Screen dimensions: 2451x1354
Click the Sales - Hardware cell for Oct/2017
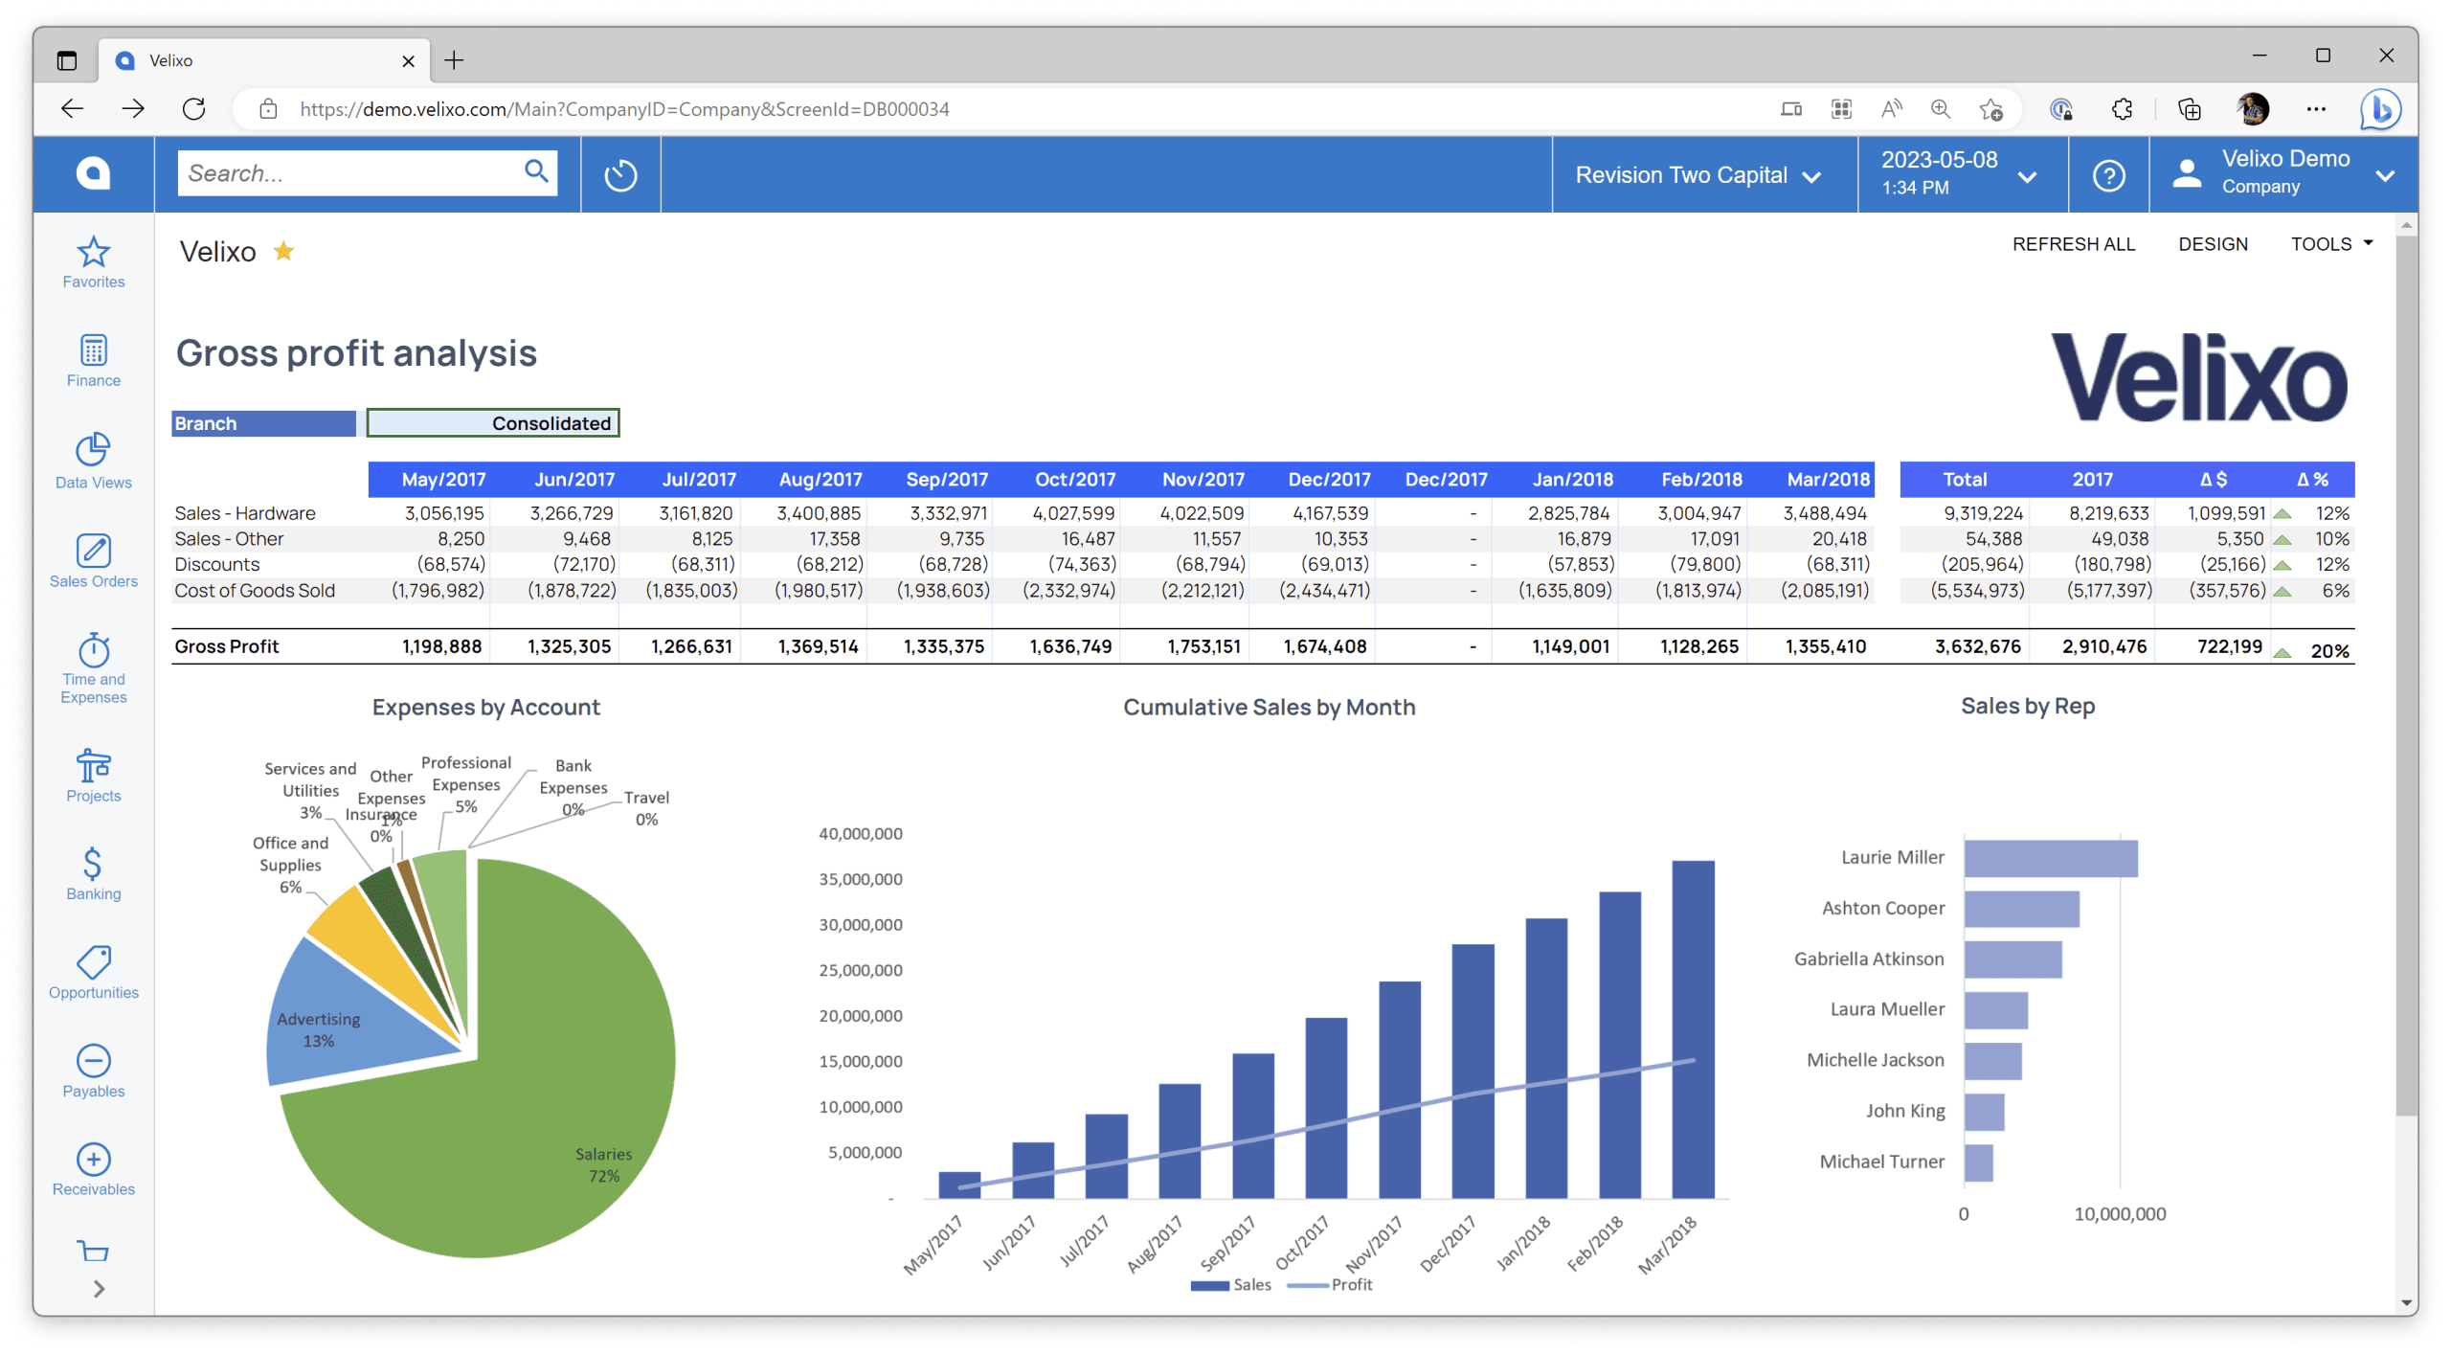click(x=1073, y=513)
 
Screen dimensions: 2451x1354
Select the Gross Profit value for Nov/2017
click(x=1203, y=646)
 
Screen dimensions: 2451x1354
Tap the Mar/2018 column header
click(x=1828, y=479)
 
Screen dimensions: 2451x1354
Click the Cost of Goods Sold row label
click(x=255, y=590)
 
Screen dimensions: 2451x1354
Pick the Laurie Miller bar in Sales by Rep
click(x=2050, y=858)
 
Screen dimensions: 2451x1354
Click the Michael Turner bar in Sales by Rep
click(x=1978, y=1162)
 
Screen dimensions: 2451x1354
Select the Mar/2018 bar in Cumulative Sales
click(x=1693, y=1028)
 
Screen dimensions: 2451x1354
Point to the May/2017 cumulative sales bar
click(x=959, y=1185)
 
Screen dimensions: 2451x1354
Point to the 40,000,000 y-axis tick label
click(x=860, y=833)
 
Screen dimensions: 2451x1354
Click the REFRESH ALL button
click(x=2073, y=244)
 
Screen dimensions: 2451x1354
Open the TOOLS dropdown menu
click(x=2330, y=244)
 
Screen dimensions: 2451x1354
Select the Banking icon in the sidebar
click(x=93, y=864)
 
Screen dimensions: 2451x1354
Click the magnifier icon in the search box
click(x=536, y=171)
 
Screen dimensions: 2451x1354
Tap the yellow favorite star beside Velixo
click(x=283, y=251)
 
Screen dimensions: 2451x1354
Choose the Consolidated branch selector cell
click(x=493, y=423)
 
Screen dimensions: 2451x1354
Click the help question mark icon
click(x=2108, y=175)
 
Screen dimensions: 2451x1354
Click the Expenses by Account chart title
click(x=486, y=707)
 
